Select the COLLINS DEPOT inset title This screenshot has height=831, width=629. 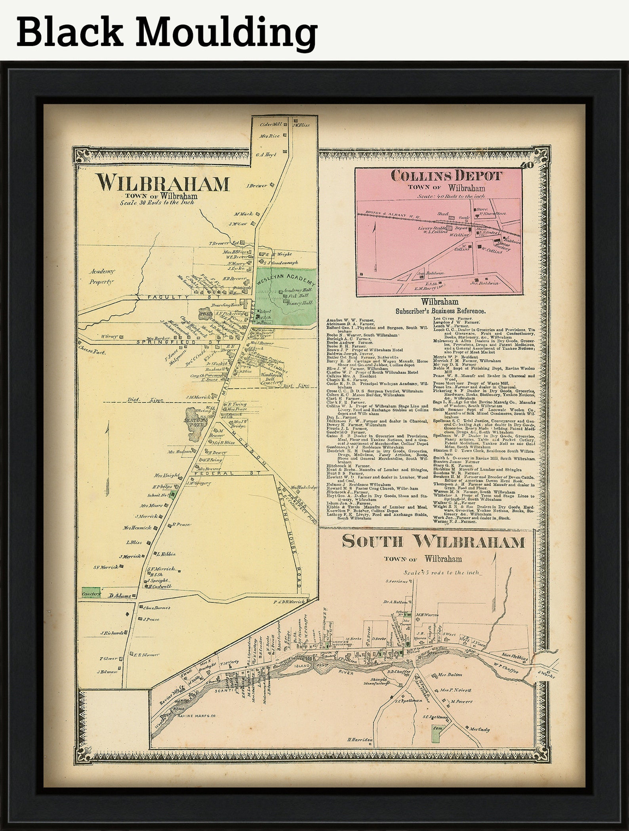point(446,175)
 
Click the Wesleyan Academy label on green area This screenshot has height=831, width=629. point(286,278)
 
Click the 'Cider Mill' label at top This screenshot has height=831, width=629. point(271,124)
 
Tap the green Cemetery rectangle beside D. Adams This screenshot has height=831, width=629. point(91,593)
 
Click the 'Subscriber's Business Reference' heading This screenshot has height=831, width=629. point(440,312)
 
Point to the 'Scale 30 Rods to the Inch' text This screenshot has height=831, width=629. point(157,202)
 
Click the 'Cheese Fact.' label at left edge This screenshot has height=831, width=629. point(92,352)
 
